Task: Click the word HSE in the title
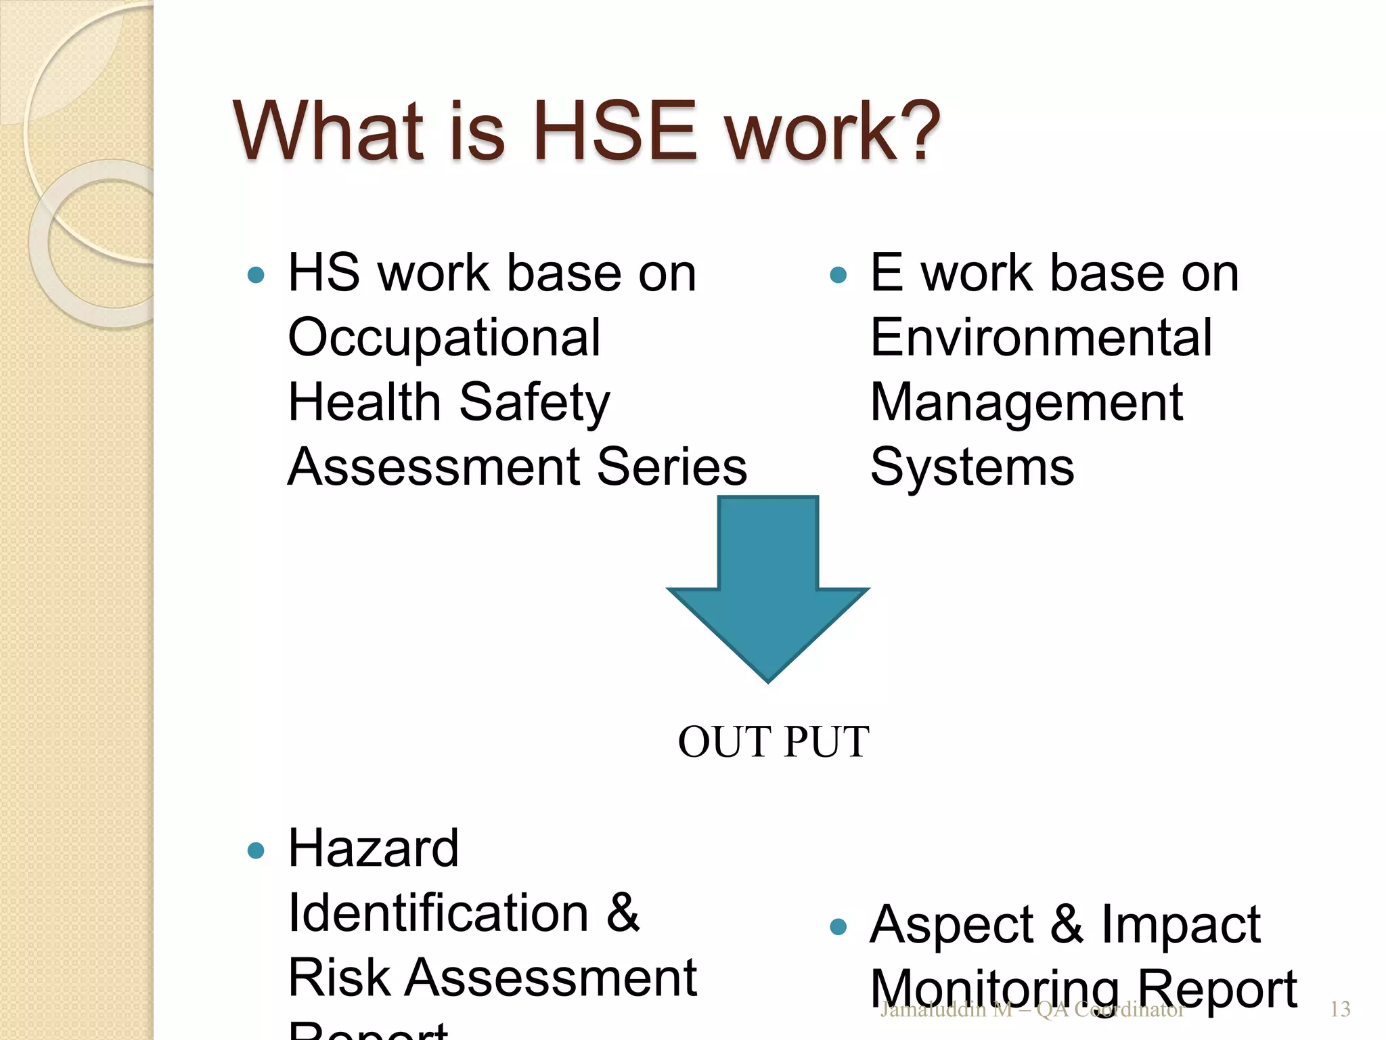pos(614,130)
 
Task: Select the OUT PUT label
pos(774,741)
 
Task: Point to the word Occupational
pos(444,339)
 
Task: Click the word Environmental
pos(1041,337)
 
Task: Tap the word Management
pos(1026,403)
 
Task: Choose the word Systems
pos(972,467)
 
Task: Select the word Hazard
pos(374,848)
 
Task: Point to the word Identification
pos(439,913)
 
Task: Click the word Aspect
pos(952,925)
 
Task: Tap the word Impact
pos(1180,925)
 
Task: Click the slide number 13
pos(1340,1010)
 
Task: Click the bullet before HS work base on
pos(256,275)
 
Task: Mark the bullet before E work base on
pos(838,275)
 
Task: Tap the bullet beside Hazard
pos(256,850)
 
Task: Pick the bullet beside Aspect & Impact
pos(838,926)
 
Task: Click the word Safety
pos(535,403)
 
